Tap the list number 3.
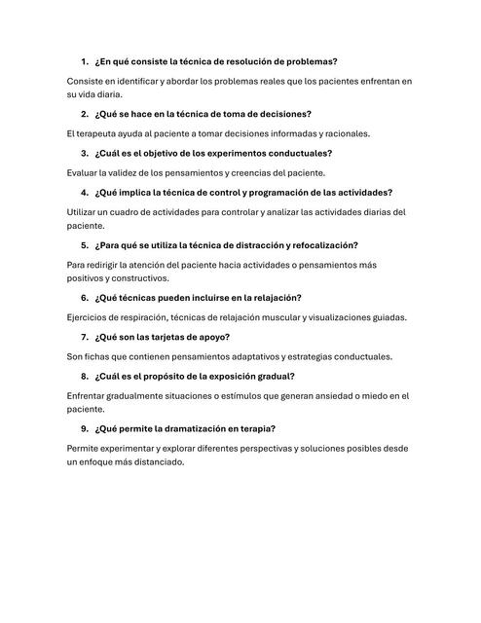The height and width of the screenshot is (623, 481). point(85,153)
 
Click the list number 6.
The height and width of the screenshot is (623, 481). point(85,297)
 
